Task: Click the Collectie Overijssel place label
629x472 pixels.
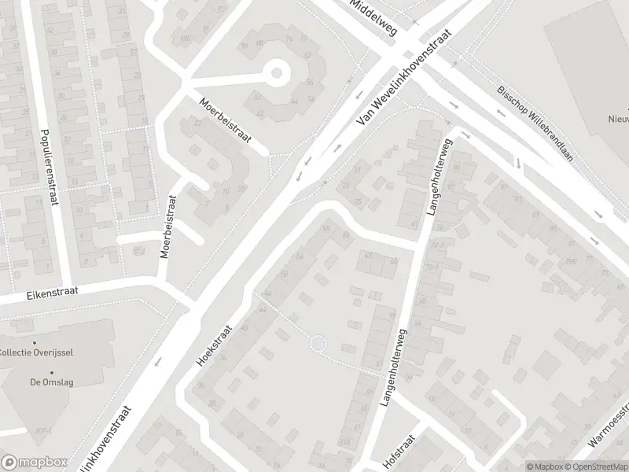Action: [x=37, y=352]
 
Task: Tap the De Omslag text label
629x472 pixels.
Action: [x=52, y=383]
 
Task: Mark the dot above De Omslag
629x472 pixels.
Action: [x=52, y=372]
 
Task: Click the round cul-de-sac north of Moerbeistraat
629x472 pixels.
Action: [x=276, y=75]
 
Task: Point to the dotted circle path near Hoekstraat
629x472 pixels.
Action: [x=318, y=344]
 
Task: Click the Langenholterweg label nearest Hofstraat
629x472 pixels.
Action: [x=390, y=367]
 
